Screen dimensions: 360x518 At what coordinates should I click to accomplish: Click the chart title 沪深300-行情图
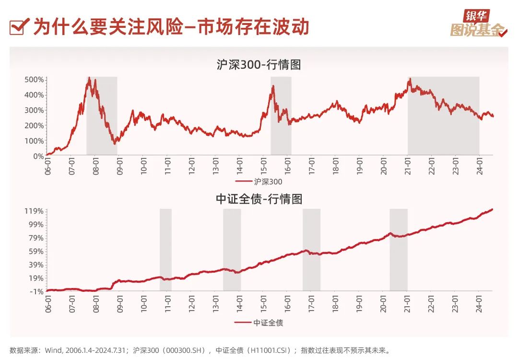click(x=259, y=64)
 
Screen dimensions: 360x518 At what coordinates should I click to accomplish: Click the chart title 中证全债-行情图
click(x=259, y=198)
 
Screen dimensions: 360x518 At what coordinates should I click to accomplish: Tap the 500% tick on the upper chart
click(x=35, y=79)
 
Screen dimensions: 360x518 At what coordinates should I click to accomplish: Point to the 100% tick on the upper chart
click(x=35, y=141)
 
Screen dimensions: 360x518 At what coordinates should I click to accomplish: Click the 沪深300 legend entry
click(x=259, y=182)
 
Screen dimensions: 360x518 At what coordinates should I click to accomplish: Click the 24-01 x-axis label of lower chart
click(x=478, y=301)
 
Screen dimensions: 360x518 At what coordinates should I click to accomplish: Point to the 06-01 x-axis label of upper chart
click(x=48, y=166)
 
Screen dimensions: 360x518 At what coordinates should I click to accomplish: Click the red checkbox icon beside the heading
click(x=18, y=27)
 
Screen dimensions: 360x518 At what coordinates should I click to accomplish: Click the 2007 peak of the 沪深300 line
click(x=89, y=78)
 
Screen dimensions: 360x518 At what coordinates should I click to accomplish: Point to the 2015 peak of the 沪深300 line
click(x=273, y=86)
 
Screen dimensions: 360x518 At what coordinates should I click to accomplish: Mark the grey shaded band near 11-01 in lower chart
click(x=165, y=250)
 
